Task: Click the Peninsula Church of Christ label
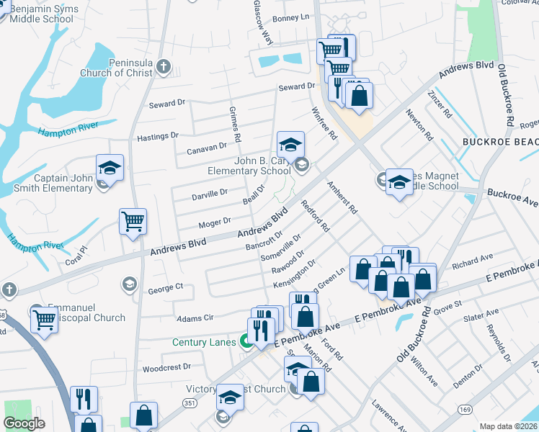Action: pos(130,68)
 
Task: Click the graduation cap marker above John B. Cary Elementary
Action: pos(290,144)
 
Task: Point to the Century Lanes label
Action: pos(204,343)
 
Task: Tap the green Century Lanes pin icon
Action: pos(246,343)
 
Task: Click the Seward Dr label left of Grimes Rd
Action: pos(166,104)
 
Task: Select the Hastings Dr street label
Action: pos(157,136)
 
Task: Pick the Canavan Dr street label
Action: pos(206,148)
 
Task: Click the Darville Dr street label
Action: pos(210,194)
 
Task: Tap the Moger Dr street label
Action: pos(214,222)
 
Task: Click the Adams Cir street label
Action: pos(195,318)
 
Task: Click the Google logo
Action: pos(24,424)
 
